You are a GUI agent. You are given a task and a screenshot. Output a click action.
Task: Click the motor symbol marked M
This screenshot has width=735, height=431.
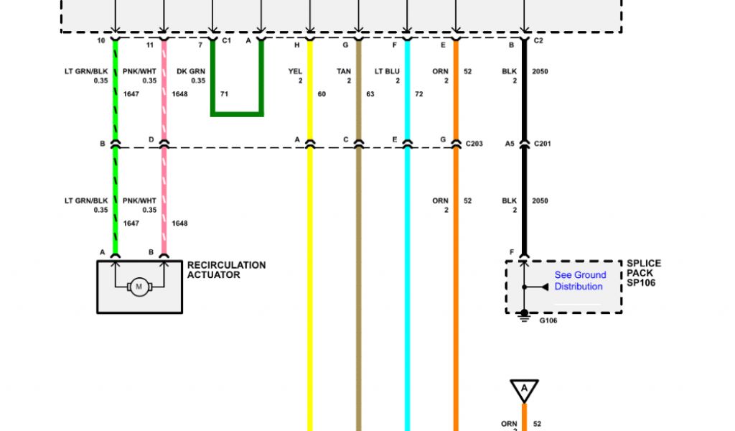[139, 287]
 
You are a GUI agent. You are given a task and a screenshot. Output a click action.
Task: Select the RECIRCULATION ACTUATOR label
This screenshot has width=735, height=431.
[226, 270]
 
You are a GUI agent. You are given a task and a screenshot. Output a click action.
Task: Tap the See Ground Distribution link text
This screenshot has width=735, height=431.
[579, 281]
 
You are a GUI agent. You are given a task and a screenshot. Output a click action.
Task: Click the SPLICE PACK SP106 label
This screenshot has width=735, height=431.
[643, 273]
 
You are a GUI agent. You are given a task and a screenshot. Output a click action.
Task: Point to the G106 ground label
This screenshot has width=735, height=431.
[548, 320]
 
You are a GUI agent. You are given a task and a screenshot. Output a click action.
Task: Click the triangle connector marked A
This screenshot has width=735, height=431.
[524, 390]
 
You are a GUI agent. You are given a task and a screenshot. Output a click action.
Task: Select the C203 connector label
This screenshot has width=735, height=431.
[474, 144]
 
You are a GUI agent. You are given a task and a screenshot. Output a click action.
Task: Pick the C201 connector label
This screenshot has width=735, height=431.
[543, 144]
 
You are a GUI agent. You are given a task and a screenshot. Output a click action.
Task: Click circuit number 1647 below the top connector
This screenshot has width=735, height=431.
[131, 94]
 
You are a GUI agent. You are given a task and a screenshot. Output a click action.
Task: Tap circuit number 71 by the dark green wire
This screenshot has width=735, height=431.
[224, 94]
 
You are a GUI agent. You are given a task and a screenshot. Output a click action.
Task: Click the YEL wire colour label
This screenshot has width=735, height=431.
[295, 72]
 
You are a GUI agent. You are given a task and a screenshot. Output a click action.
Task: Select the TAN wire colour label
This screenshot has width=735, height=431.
[344, 72]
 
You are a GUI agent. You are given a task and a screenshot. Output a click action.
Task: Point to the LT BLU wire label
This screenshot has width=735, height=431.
[388, 72]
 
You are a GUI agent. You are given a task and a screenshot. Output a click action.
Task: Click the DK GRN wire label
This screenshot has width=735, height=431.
[191, 72]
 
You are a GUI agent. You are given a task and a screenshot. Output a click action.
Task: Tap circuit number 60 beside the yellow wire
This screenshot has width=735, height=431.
[322, 94]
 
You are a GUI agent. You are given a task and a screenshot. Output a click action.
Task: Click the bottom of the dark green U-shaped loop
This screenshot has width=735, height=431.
[237, 113]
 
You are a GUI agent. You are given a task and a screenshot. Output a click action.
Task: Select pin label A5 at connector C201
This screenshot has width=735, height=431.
[510, 144]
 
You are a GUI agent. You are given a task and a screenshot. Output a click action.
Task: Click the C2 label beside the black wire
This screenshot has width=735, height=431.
[538, 42]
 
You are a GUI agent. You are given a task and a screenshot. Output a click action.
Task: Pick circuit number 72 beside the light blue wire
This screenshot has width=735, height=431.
[419, 94]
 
